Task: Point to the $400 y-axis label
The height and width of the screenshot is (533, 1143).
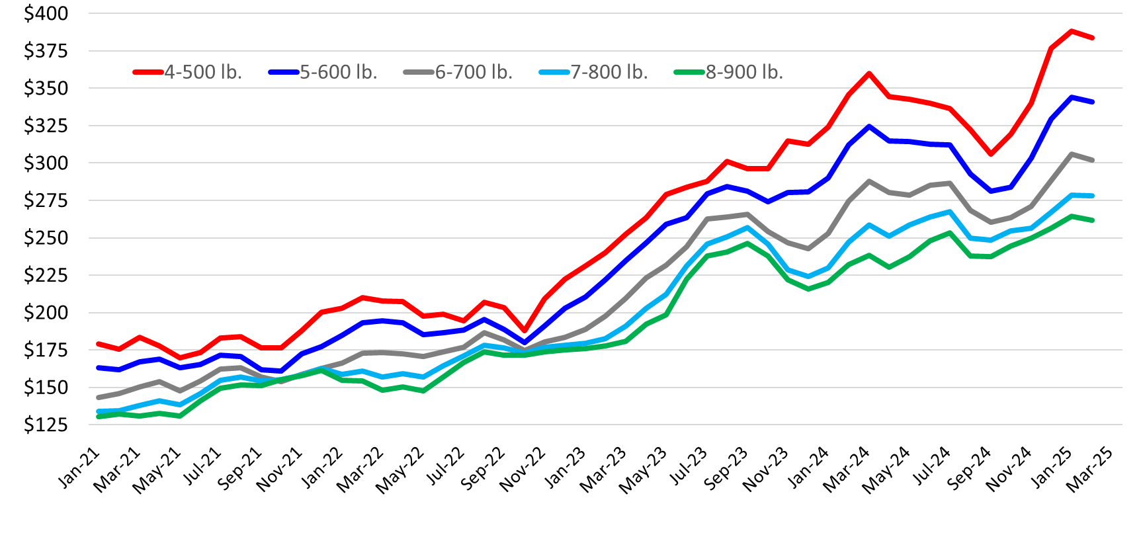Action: pyautogui.click(x=46, y=13)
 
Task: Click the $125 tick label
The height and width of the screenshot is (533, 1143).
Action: pyautogui.click(x=46, y=425)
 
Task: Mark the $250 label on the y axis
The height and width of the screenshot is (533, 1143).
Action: pyautogui.click(x=46, y=237)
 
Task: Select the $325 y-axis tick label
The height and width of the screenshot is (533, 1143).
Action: pyautogui.click(x=46, y=125)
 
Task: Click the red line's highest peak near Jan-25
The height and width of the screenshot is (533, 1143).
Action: pyautogui.click(x=1072, y=31)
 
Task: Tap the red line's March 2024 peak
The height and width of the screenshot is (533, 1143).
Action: pyautogui.click(x=869, y=73)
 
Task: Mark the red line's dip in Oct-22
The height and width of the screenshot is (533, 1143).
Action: pyautogui.click(x=525, y=330)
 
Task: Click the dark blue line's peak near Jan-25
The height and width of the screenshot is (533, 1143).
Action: pyautogui.click(x=1072, y=97)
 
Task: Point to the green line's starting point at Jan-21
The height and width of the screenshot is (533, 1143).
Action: pyautogui.click(x=99, y=417)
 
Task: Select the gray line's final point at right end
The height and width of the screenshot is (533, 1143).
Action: pyautogui.click(x=1092, y=160)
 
